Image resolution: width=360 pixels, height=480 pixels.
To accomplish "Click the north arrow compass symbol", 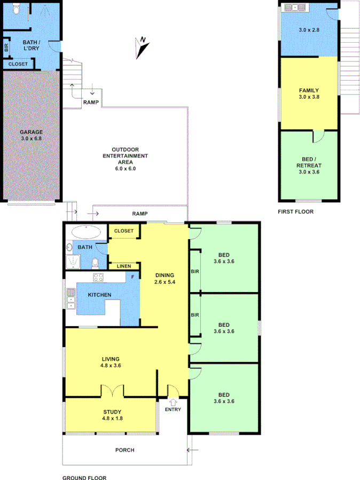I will [x=142, y=47].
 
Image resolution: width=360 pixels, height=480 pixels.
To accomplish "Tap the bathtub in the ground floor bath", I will [x=85, y=232].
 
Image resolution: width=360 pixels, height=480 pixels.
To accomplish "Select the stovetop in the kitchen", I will [x=99, y=277].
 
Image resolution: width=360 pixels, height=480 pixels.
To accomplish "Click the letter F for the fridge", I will [x=133, y=277].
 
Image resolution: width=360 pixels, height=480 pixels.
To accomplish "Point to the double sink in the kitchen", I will [x=70, y=299].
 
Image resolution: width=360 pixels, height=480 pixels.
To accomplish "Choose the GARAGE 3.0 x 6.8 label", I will [x=32, y=135].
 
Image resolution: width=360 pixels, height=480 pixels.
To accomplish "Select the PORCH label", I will [x=124, y=450].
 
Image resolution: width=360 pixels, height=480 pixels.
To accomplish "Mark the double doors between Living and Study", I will [x=113, y=391].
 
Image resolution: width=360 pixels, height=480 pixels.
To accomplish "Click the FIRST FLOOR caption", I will [x=295, y=212].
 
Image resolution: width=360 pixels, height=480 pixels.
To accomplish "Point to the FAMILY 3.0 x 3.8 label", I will [x=309, y=93].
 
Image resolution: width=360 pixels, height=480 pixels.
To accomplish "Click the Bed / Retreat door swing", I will [x=317, y=136].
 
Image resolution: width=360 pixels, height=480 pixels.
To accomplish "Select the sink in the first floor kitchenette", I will [x=293, y=7].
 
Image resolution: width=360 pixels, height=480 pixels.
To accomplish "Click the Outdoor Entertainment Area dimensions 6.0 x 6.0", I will [x=126, y=169].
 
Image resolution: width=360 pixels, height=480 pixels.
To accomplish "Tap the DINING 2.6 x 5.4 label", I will [x=165, y=279].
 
